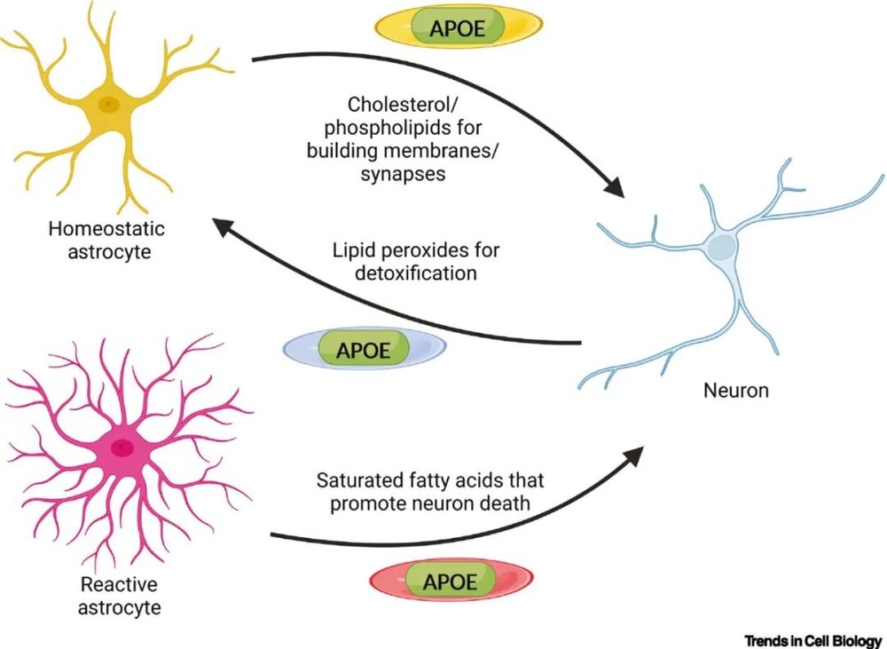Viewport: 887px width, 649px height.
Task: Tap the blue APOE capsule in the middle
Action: coord(364,348)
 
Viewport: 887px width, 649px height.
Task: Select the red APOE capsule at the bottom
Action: coord(450,582)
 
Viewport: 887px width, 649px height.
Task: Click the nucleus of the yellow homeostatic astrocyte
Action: coord(108,104)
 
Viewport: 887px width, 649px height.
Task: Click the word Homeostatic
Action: coord(107,229)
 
